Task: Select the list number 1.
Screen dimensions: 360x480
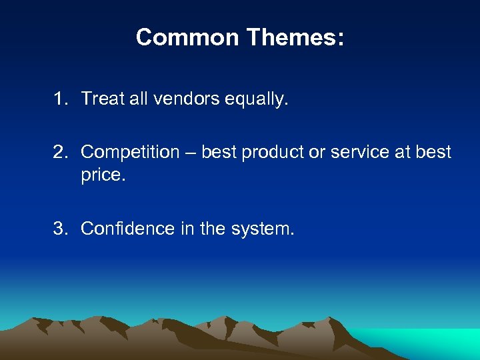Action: click(x=61, y=99)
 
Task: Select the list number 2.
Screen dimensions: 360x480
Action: click(x=61, y=152)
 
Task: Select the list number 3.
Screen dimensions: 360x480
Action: click(x=61, y=229)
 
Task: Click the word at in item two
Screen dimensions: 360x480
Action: click(x=403, y=153)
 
